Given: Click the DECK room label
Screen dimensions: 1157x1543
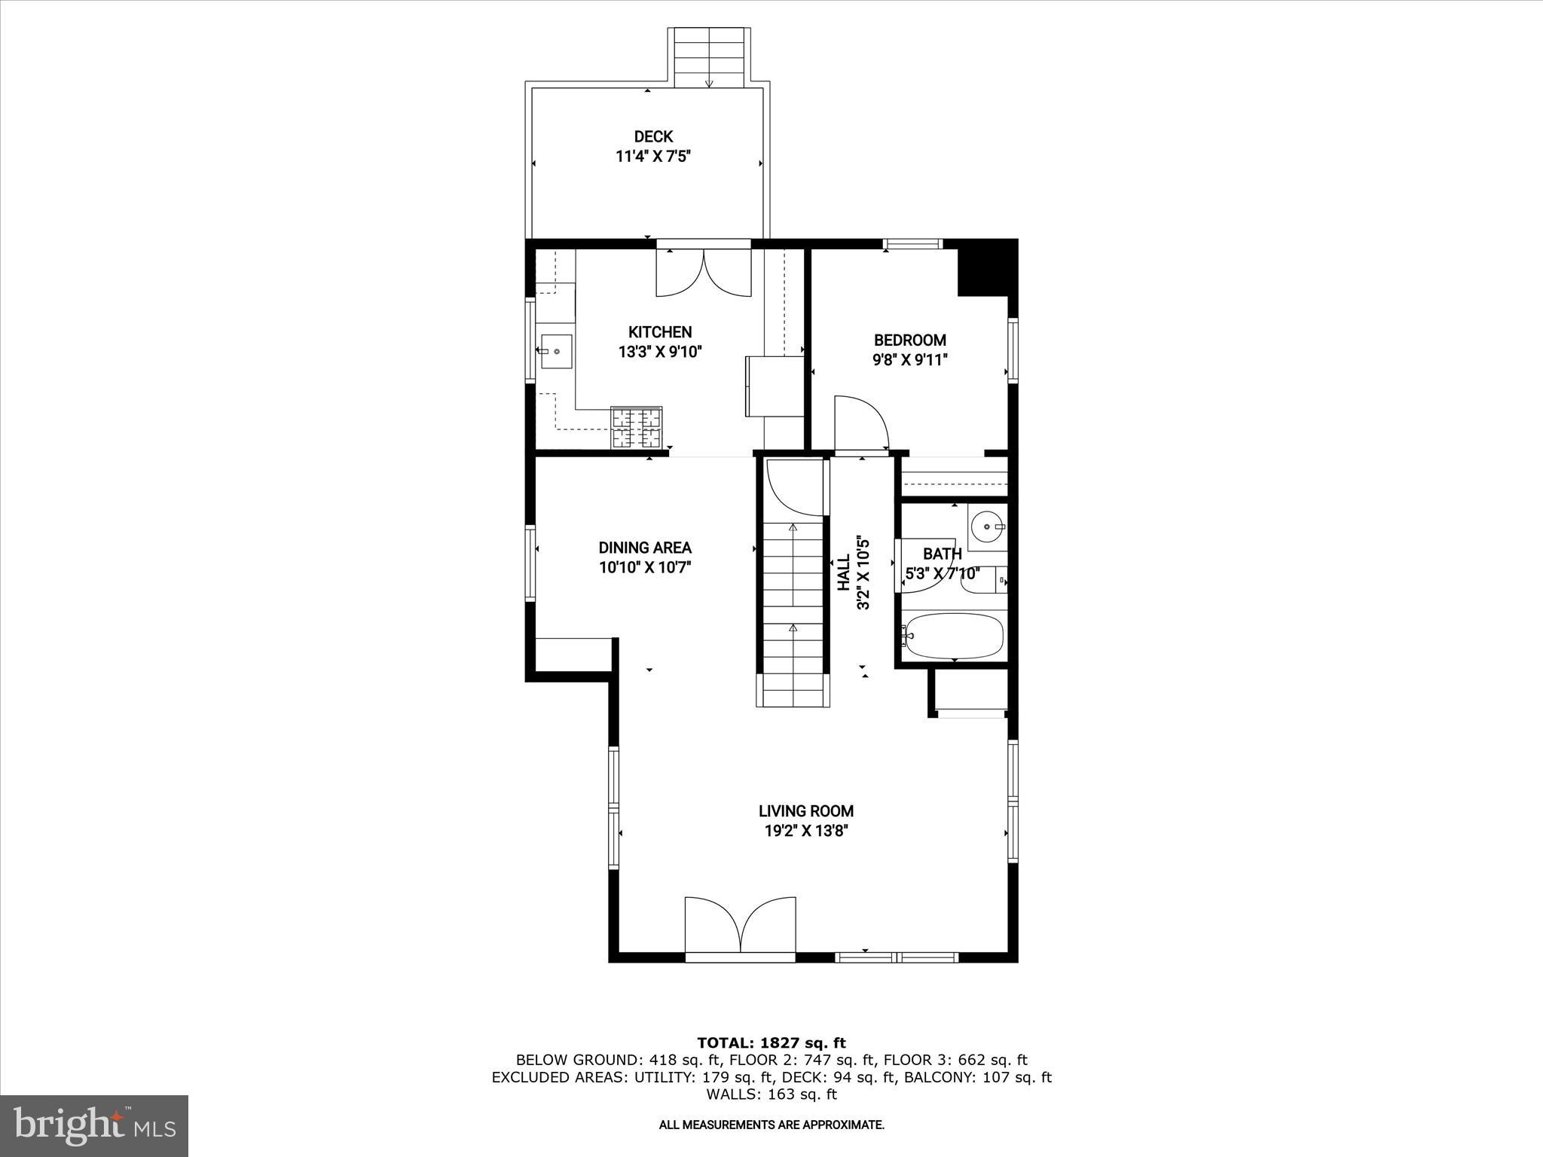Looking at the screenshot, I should coord(653,136).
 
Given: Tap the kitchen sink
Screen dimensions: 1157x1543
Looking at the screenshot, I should coord(556,351).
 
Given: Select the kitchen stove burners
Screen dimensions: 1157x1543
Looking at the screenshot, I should coord(637,427).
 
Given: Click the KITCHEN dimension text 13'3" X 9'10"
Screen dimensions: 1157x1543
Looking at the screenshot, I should coord(660,352).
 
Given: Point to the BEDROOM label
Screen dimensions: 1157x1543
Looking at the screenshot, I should coord(909,340).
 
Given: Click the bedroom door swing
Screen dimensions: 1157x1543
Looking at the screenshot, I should coord(860,423).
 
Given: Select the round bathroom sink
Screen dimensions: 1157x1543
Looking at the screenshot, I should coord(985,525).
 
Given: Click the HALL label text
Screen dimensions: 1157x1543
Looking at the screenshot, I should coord(843,572).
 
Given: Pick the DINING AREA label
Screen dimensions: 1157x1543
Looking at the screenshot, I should coord(645,548).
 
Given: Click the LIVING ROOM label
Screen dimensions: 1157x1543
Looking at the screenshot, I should coord(805,811).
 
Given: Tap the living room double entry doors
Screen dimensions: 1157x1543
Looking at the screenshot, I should coord(740,926).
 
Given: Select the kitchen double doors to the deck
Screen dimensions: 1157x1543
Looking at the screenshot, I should coord(704,272).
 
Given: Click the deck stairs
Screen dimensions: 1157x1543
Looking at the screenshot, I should coord(709,57).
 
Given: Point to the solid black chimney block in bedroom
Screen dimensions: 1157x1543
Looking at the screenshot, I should coord(986,267).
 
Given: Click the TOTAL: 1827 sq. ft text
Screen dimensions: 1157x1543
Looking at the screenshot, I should coord(771,1043).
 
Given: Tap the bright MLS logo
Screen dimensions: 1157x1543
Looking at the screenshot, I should coord(94,1125).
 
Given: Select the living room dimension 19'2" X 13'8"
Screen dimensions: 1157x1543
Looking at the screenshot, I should coord(805,831).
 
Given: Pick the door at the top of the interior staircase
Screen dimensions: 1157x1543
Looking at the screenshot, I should coord(795,487).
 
